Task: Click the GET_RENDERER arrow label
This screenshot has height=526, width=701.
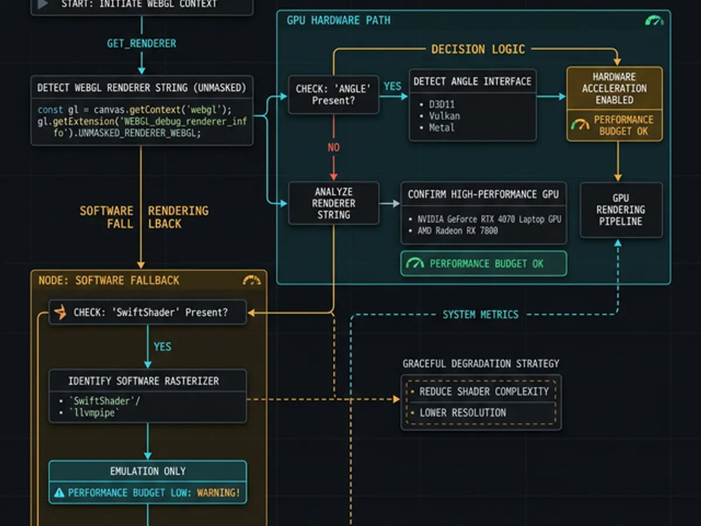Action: pyautogui.click(x=141, y=44)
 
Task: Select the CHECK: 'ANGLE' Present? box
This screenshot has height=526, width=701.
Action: pyautogui.click(x=334, y=94)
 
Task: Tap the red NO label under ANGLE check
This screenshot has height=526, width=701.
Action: pyautogui.click(x=334, y=147)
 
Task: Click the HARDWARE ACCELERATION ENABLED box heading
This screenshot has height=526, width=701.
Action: pyautogui.click(x=615, y=88)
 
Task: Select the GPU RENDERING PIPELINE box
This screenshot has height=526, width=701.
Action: pyautogui.click(x=620, y=210)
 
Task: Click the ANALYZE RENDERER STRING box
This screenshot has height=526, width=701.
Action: pyautogui.click(x=334, y=203)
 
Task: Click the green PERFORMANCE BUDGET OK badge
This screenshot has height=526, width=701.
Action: pyautogui.click(x=483, y=264)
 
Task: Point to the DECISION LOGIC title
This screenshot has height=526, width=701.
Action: pyautogui.click(x=478, y=50)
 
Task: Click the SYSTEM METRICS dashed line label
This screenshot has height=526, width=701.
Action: pyautogui.click(x=480, y=314)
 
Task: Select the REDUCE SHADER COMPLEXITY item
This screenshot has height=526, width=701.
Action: pyautogui.click(x=484, y=392)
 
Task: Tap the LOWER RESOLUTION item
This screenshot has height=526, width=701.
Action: pyautogui.click(x=463, y=413)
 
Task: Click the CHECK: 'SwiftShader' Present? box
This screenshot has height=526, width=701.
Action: pyautogui.click(x=147, y=313)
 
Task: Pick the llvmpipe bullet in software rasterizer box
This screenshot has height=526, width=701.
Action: pyautogui.click(x=95, y=413)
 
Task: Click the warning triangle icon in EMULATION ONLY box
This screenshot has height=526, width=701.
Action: pyautogui.click(x=59, y=493)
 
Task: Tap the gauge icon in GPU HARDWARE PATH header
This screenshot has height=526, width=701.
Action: pyautogui.click(x=654, y=21)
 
